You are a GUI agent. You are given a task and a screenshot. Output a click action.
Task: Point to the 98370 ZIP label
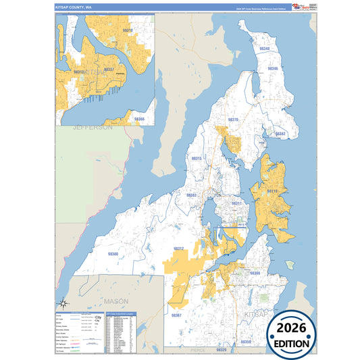(233, 120)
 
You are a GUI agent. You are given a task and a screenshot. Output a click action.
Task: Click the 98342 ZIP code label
(280, 134)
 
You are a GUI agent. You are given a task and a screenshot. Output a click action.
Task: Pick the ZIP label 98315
(197, 158)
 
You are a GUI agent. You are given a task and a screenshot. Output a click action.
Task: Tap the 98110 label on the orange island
(272, 191)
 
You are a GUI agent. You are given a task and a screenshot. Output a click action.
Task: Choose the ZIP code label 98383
(191, 195)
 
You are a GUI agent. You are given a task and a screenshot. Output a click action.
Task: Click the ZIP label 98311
(236, 203)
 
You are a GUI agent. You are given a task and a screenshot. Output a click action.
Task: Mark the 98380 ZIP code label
(113, 254)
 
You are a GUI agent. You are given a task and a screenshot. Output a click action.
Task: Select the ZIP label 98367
(176, 315)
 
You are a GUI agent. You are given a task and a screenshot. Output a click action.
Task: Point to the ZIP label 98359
(247, 342)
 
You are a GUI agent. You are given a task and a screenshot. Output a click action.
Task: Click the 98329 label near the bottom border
(222, 351)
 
